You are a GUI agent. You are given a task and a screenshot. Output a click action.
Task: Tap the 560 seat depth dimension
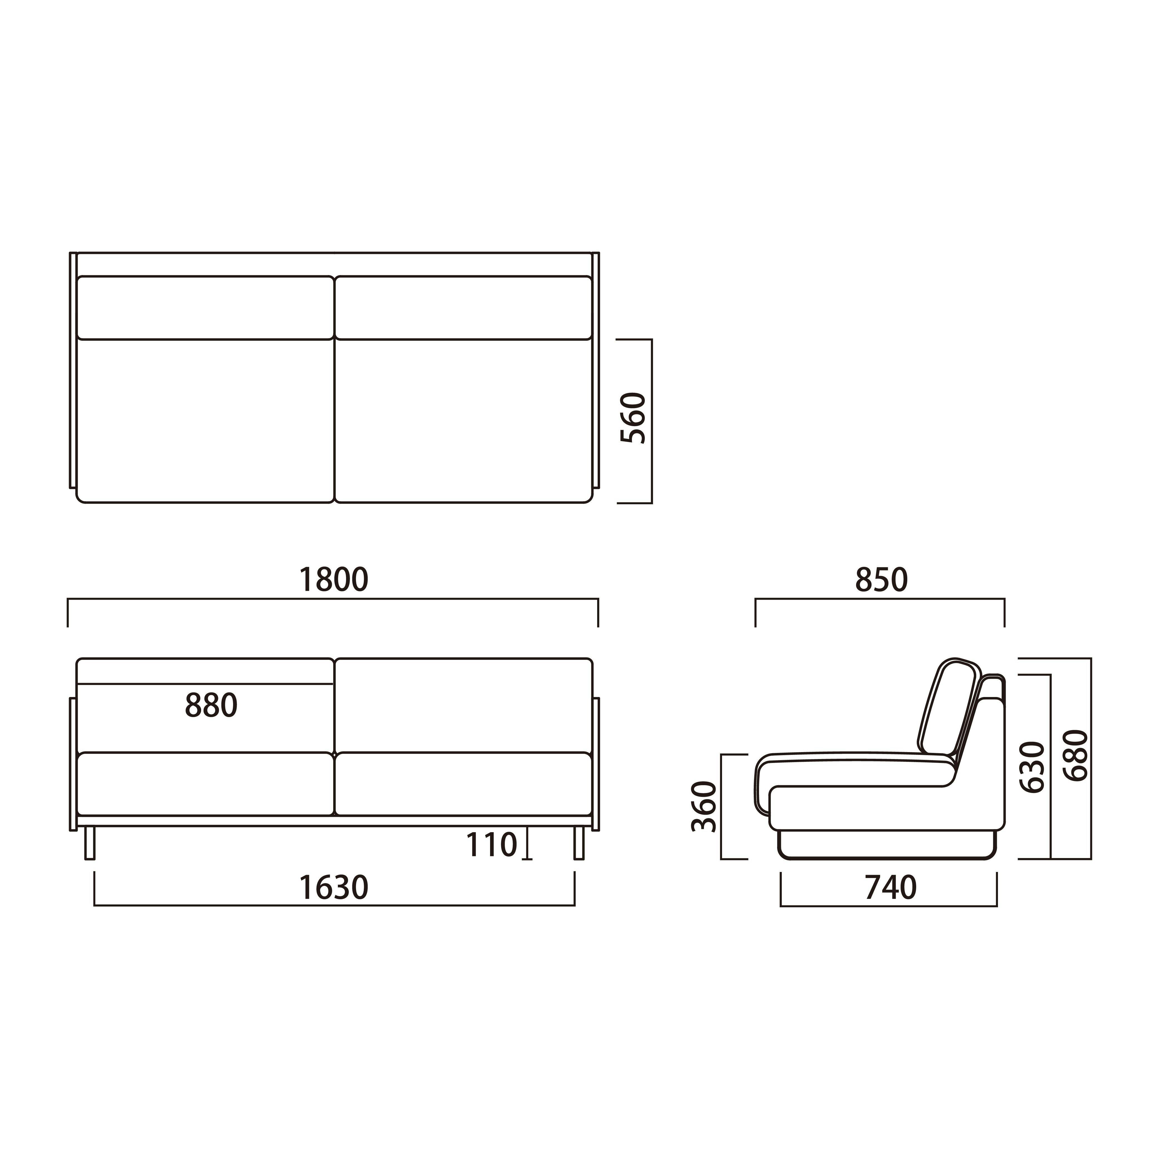[x=634, y=418]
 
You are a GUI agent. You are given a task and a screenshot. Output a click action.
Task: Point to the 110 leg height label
[x=491, y=845]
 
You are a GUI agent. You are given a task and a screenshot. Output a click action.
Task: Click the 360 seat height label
[x=704, y=806]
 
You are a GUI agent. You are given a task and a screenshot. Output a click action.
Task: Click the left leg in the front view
[x=90, y=843]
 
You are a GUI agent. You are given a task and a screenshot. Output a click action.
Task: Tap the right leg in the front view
[x=579, y=843]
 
